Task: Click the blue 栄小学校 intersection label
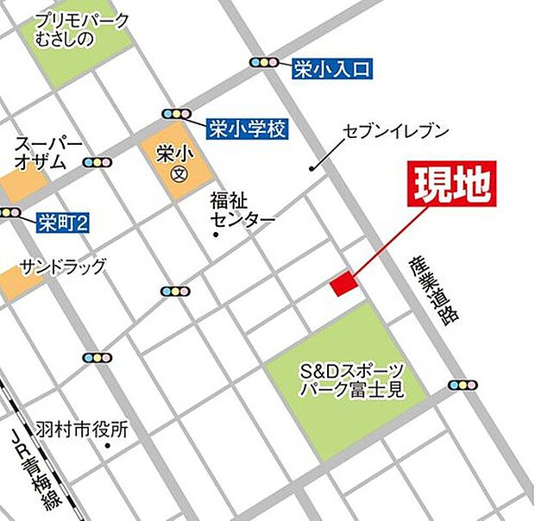coord(247,129)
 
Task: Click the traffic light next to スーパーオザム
coord(98,161)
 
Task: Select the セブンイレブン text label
coord(397,131)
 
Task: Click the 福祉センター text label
coord(242,210)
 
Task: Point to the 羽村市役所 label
coord(82,427)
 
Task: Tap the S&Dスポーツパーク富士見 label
coord(351,380)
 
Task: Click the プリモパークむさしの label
coord(83,30)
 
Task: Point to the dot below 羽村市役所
coord(106,445)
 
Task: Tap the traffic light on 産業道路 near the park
coord(463,385)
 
